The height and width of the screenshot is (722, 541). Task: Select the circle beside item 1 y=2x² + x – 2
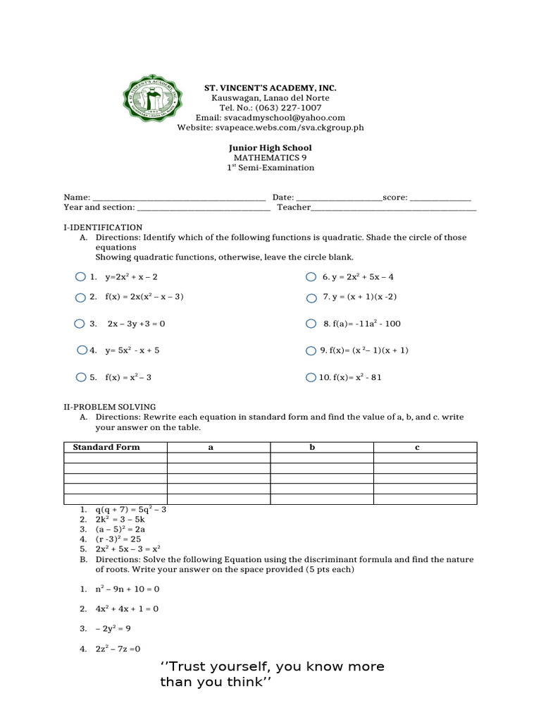pyautogui.click(x=80, y=277)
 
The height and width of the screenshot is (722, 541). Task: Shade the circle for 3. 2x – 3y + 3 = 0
pyautogui.click(x=80, y=324)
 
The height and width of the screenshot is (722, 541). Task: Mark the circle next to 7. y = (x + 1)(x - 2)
pyautogui.click(x=311, y=298)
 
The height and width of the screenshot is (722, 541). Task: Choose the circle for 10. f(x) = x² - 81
pyautogui.click(x=311, y=377)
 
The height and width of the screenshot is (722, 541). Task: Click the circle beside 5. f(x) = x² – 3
pyautogui.click(x=80, y=377)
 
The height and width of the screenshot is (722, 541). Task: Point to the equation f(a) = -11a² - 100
pyautogui.click(x=362, y=324)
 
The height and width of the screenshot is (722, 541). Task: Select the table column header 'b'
pyautogui.click(x=313, y=447)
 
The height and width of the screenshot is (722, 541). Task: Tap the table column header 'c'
pyautogui.click(x=417, y=447)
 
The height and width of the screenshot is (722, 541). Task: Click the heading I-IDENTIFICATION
pyautogui.click(x=103, y=228)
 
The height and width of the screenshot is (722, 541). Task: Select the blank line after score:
pyautogui.click(x=440, y=198)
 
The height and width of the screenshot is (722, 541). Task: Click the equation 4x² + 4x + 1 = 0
pyautogui.click(x=127, y=608)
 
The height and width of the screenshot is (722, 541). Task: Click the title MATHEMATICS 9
pyautogui.click(x=270, y=158)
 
